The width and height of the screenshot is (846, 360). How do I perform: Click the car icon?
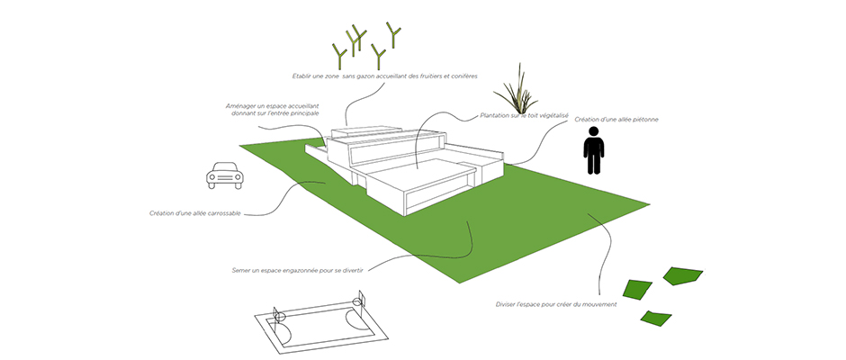225,175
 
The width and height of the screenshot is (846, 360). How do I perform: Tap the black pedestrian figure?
593,150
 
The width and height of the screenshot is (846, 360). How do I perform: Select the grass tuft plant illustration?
517,90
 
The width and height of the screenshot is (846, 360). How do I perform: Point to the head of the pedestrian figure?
593,131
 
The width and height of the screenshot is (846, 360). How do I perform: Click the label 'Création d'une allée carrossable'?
194,213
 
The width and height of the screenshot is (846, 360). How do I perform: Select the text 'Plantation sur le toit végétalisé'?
525,115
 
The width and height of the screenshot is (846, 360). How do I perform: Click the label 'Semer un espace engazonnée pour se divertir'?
297,270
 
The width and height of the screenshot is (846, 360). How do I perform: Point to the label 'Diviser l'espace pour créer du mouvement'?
555,304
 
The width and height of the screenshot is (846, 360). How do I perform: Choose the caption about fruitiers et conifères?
384,76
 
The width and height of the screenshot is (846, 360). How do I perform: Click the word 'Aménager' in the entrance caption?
239,106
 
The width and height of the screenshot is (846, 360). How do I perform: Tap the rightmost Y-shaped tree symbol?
393,34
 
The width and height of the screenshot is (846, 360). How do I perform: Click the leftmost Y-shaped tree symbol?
338,56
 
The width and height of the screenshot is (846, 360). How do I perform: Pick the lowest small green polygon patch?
656,318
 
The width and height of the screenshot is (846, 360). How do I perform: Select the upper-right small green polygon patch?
682,275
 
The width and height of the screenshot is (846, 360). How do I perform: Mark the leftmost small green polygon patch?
637,290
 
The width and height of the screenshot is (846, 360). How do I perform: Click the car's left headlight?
212,176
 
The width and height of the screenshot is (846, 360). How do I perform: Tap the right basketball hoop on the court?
357,300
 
